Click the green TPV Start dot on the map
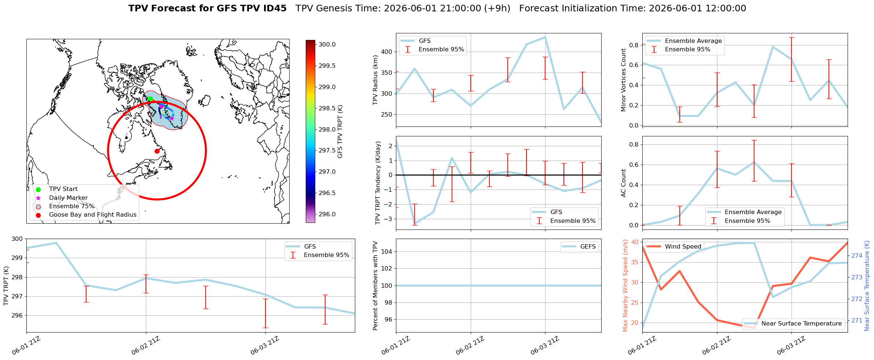tap(150, 99)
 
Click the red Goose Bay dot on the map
tap(157, 151)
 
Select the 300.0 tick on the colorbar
tap(327, 45)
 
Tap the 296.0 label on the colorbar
tap(327, 214)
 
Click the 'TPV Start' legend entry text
tap(63, 189)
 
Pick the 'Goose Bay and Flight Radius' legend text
tap(93, 215)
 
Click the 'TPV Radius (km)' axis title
tap(375, 80)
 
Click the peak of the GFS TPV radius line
tap(545, 37)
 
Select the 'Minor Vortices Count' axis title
tap(624, 80)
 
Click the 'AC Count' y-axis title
tap(624, 183)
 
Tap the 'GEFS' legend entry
tap(588, 247)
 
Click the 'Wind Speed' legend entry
tap(683, 247)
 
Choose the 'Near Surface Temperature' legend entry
tap(801, 324)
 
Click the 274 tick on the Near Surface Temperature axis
tap(857, 256)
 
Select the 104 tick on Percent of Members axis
tap(388, 251)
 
